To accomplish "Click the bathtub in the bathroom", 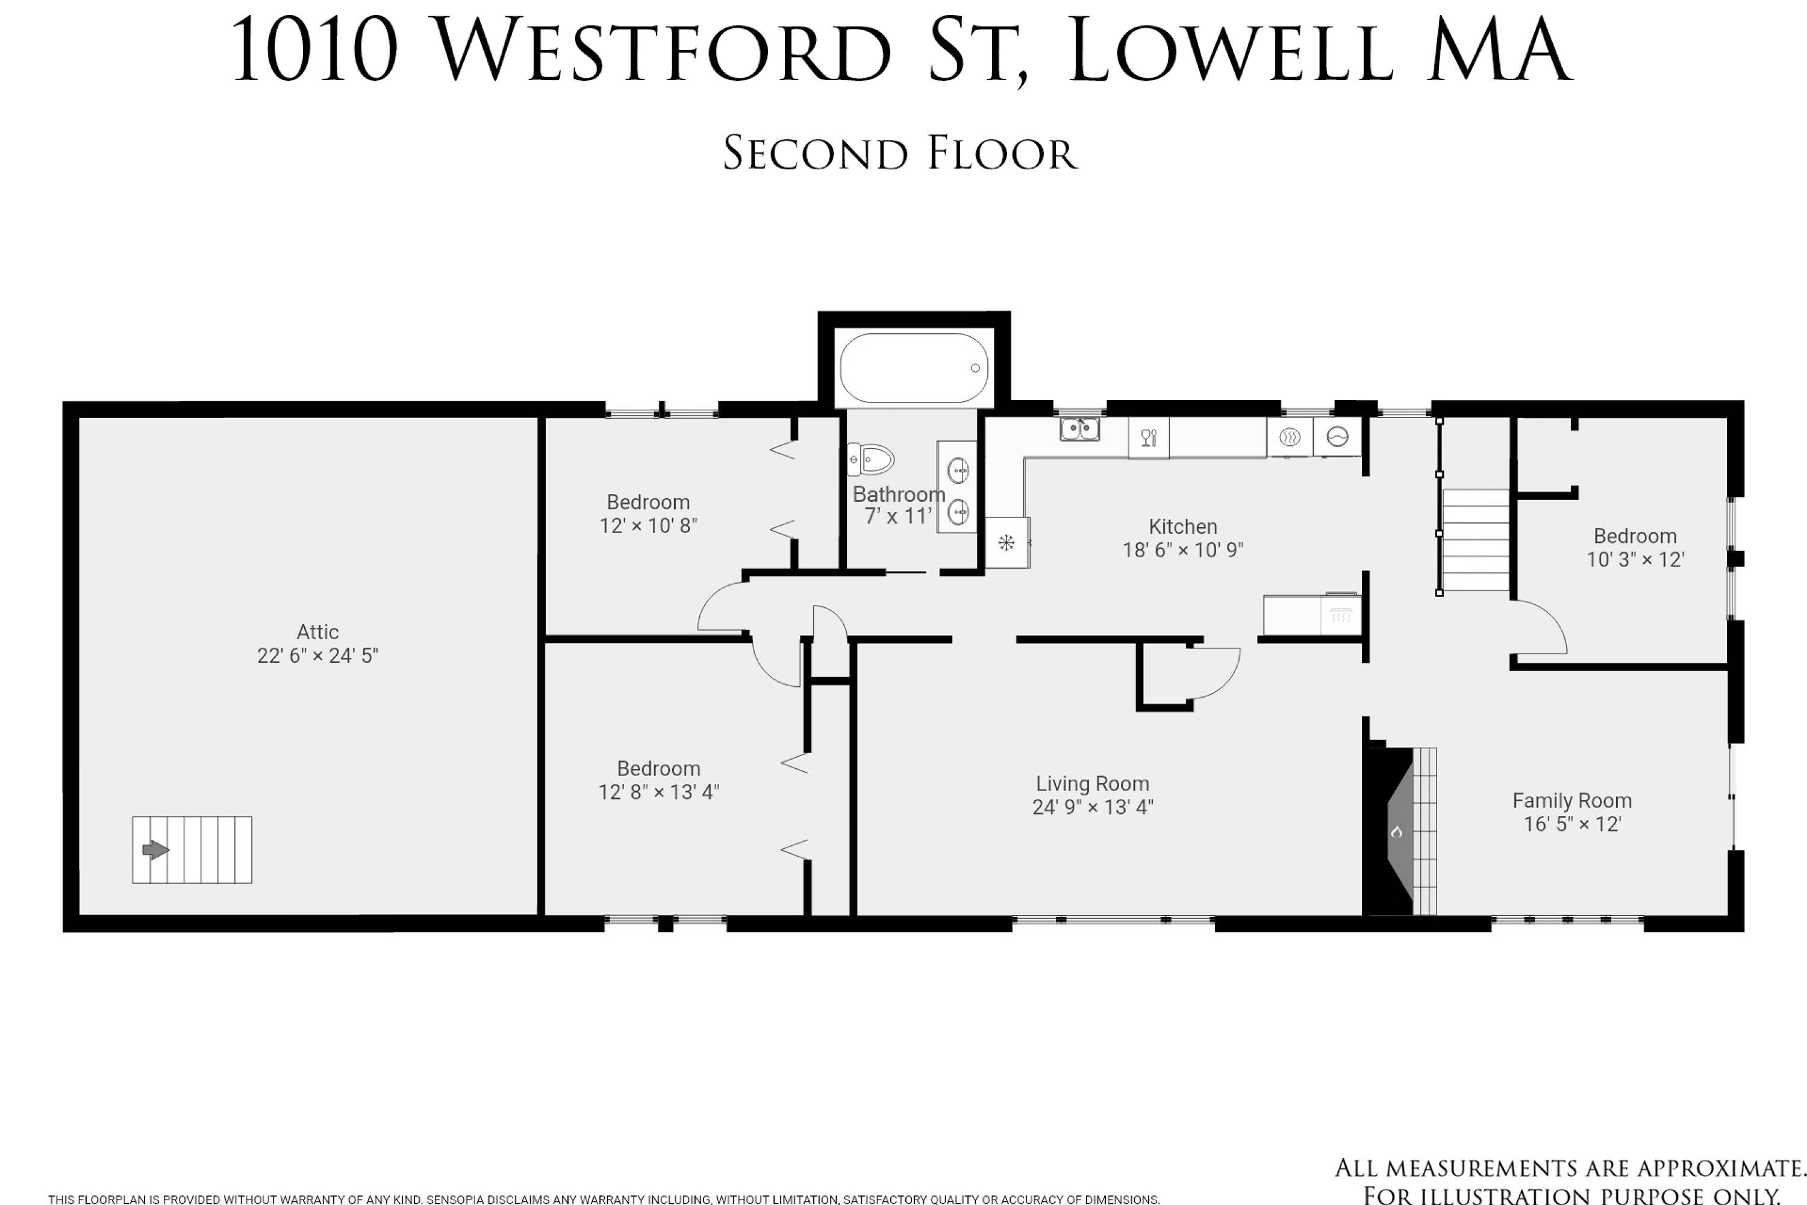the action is (914, 368).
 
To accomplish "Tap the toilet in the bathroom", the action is (870, 460).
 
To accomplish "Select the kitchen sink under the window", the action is (1079, 429).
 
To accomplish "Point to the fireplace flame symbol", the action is (1397, 831).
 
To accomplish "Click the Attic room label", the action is (317, 631).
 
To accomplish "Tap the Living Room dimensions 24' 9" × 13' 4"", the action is (1093, 806).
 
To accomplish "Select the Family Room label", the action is (1572, 800).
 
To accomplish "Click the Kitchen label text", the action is (1182, 527).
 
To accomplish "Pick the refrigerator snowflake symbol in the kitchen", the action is (1006, 543).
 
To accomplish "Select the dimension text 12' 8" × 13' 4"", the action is (658, 792).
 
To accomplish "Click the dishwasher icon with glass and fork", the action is (1149, 438).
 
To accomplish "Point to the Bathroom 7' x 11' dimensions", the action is (898, 516).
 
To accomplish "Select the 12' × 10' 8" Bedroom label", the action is (649, 513).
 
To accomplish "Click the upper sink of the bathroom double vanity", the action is (957, 469).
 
